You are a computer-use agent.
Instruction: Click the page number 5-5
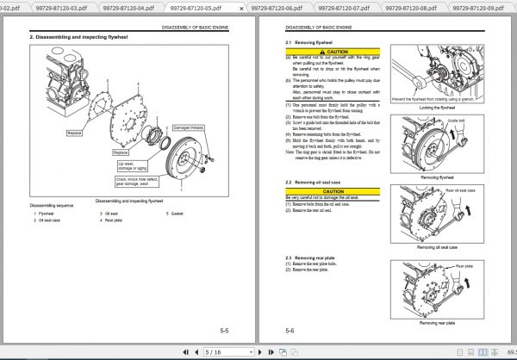pos(224,330)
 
